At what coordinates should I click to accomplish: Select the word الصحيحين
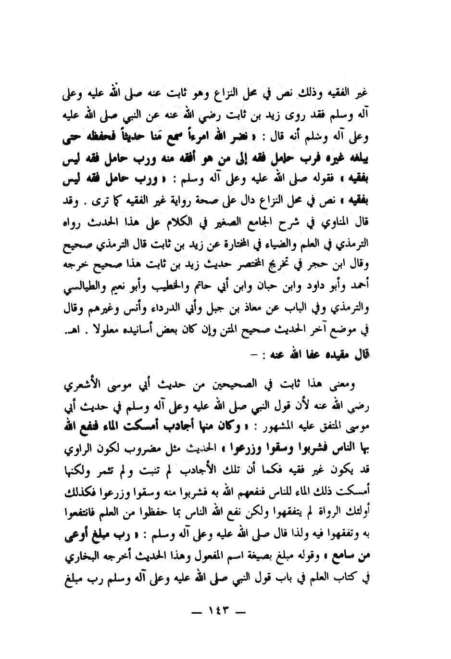coord(261,386)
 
